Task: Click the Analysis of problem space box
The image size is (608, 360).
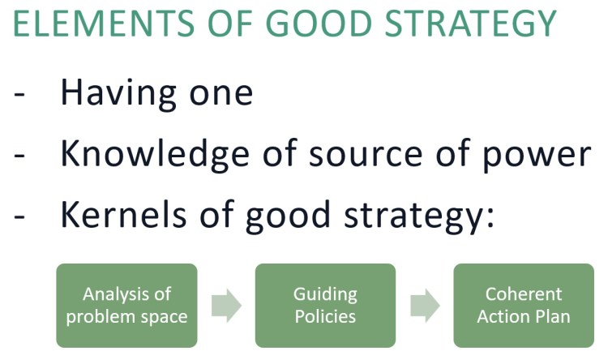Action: click(x=126, y=305)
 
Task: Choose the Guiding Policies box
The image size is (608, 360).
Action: click(x=325, y=305)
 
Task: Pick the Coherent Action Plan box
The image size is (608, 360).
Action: click(x=524, y=305)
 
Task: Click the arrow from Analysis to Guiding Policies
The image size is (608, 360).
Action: click(x=226, y=305)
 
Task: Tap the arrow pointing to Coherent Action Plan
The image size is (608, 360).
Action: click(x=425, y=305)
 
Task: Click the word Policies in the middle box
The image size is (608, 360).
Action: click(x=325, y=315)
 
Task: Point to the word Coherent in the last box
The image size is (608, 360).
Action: click(x=524, y=294)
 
